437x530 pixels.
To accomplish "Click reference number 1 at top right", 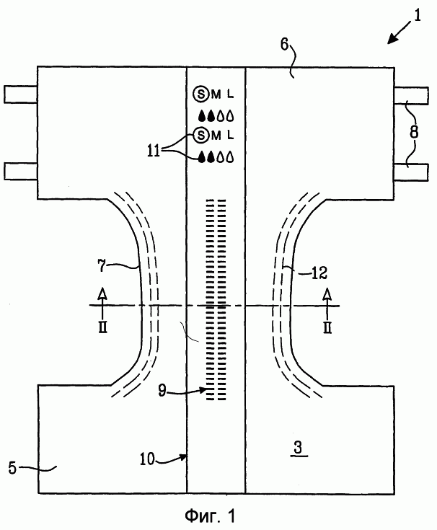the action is pos(418,16).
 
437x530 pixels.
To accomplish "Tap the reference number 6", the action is pos(285,45).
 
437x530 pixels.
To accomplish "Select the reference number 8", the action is pos(414,132).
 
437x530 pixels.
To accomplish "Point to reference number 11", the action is pos(154,151).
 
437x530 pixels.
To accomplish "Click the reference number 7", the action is pos(102,265).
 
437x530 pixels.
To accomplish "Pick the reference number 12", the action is pos(319,273).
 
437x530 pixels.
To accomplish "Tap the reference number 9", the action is pos(162,390).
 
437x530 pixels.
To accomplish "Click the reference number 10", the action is pos(147,459).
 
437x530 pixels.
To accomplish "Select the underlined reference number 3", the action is pos(298,448).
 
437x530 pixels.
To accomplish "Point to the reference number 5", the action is pos(12,468).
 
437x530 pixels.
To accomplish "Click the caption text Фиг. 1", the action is pos(210,516).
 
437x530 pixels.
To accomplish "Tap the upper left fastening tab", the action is pos(21,94).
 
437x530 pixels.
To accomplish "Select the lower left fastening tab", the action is pos(21,171).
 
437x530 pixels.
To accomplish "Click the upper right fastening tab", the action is pos(411,96).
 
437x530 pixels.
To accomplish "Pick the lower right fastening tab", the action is pos(411,172).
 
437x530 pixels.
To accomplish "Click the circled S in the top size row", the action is pos(201,94).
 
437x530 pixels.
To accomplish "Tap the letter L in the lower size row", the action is pos(230,136).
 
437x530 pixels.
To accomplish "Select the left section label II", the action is pos(102,327).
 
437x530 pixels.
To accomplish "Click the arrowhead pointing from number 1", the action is pos(392,39).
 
